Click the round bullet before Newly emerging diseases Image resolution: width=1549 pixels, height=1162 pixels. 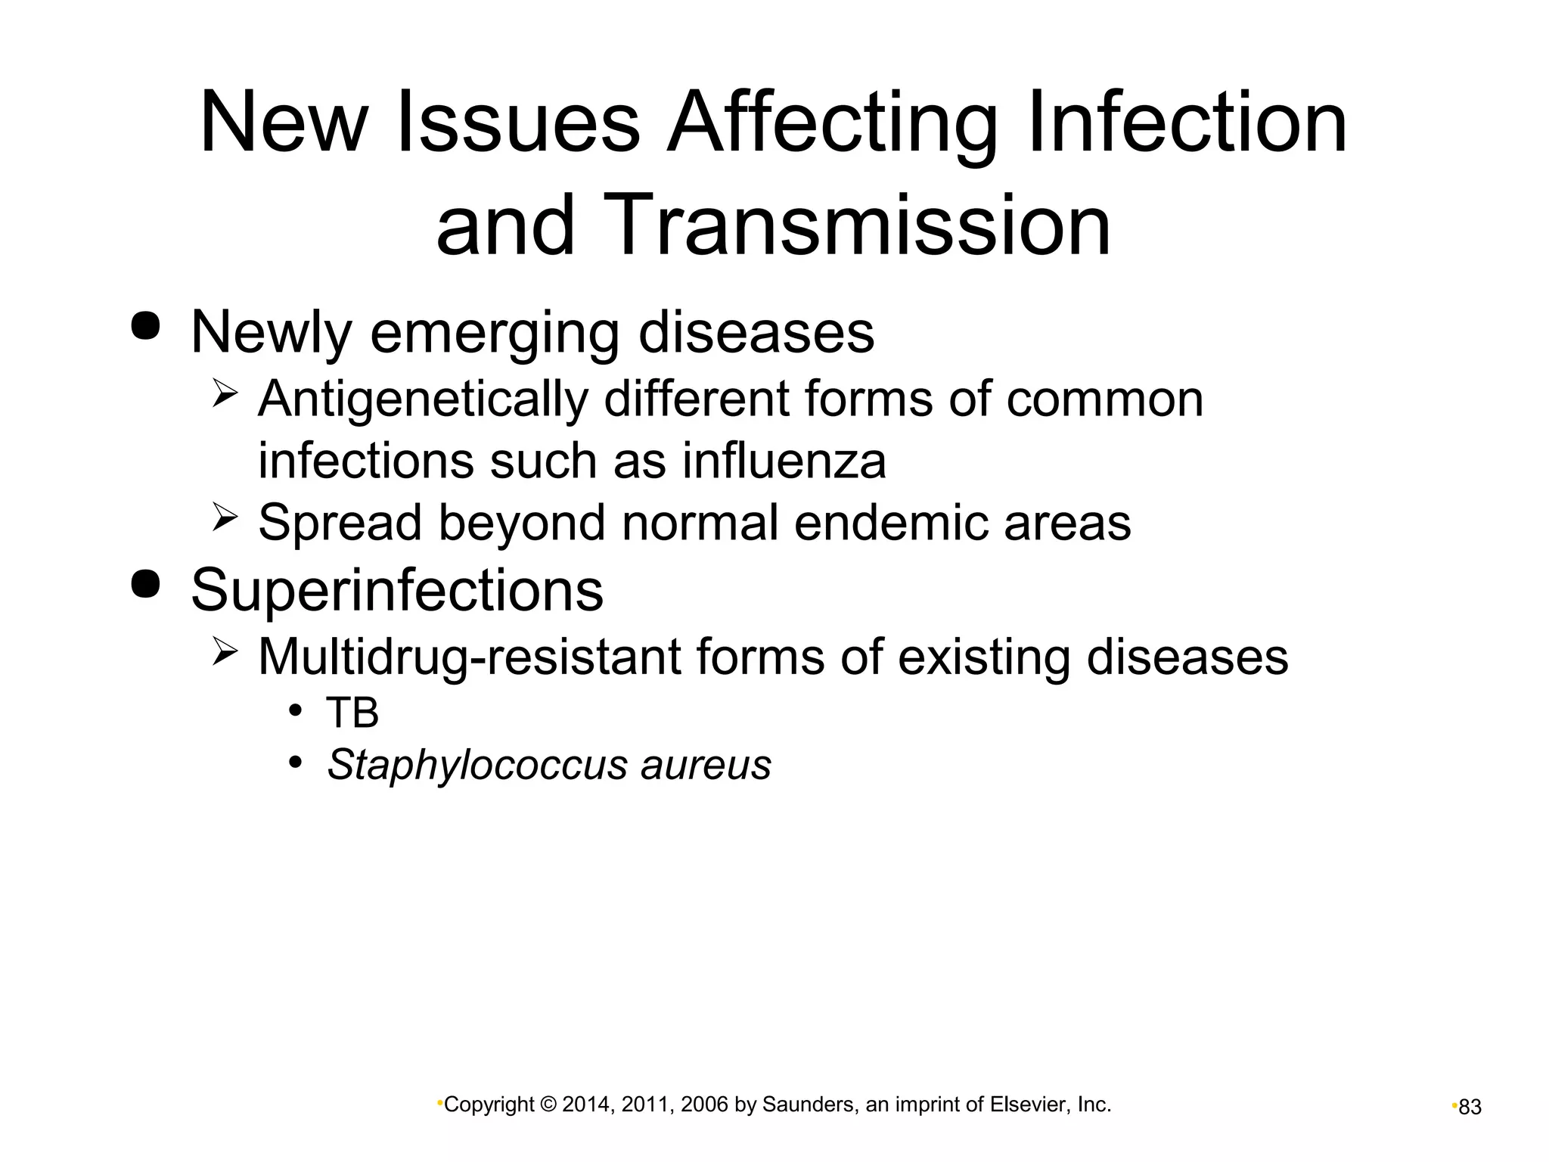[145, 326]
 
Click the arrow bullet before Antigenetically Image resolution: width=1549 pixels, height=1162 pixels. [225, 393]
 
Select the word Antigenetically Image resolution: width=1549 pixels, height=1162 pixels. [423, 399]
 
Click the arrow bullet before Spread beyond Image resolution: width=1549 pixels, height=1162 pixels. [225, 517]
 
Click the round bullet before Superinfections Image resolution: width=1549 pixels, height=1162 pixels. [145, 583]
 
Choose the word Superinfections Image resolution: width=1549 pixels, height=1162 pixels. [397, 590]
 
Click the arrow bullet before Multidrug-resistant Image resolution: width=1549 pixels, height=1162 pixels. [225, 651]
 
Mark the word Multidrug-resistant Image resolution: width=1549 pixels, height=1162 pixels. [470, 657]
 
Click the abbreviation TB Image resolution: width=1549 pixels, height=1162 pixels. [352, 713]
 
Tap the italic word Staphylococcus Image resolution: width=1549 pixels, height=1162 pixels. [477, 765]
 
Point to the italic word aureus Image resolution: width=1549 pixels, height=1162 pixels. [706, 765]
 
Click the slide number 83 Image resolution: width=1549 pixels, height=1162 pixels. [1470, 1108]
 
